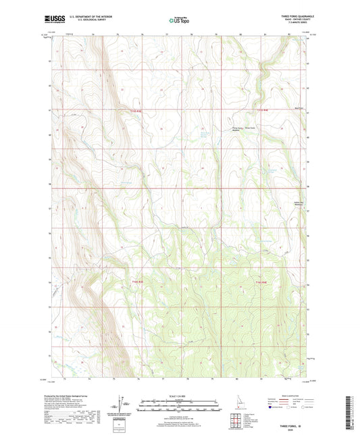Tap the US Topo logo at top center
point(179,20)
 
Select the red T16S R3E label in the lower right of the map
point(262,281)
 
